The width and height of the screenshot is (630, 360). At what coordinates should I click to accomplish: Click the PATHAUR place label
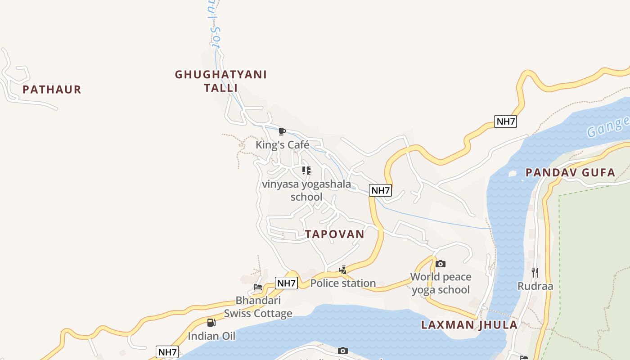click(x=52, y=90)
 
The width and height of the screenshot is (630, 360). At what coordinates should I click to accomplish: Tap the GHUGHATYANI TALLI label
click(x=220, y=81)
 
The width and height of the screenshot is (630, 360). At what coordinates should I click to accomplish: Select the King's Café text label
click(x=282, y=145)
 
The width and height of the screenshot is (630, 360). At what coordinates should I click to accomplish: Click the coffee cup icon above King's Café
click(x=282, y=131)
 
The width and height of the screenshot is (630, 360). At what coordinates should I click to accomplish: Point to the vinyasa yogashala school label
click(x=306, y=190)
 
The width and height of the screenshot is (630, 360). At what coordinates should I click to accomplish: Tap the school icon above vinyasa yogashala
click(x=306, y=171)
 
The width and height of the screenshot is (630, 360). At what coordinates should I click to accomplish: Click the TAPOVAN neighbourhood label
click(x=334, y=234)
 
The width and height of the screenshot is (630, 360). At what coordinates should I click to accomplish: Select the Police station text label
click(x=343, y=283)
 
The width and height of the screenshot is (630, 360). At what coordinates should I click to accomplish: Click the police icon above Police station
click(x=343, y=270)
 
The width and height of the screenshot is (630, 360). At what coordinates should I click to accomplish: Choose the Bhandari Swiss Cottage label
click(x=258, y=307)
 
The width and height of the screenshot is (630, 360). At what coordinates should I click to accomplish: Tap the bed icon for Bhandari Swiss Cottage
click(x=258, y=287)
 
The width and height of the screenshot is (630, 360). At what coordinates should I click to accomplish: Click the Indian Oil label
click(x=211, y=336)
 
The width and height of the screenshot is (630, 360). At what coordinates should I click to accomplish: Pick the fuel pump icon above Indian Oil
click(x=211, y=322)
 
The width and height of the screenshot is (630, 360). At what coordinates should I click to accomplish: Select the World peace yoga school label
click(x=441, y=283)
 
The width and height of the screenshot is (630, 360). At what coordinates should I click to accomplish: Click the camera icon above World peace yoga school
click(x=441, y=264)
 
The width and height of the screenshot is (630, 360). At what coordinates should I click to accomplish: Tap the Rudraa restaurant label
click(x=535, y=286)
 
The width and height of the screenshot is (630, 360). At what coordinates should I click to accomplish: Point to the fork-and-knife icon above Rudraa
click(x=535, y=272)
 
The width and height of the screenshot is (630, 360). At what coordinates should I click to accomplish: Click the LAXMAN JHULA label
click(x=469, y=325)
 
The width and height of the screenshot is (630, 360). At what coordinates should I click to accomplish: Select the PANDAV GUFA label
click(x=570, y=172)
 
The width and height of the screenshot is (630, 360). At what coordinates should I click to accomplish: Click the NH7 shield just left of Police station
click(x=287, y=283)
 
